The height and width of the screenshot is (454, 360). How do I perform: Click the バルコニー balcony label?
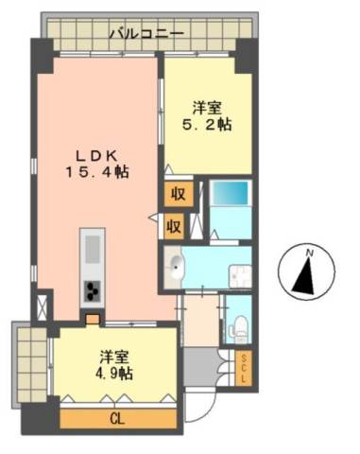click(x=146, y=33)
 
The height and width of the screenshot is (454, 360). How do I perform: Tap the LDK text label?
click(x=97, y=155)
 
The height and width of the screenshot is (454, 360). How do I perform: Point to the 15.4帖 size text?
click(x=97, y=172)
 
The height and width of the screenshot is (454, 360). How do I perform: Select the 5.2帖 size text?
click(x=207, y=125)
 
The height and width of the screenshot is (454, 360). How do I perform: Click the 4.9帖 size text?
click(x=114, y=374)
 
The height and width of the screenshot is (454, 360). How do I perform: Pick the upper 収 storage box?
click(x=179, y=194)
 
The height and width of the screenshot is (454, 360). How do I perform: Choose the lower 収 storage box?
click(x=174, y=226)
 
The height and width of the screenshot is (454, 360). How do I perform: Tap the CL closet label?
click(x=118, y=419)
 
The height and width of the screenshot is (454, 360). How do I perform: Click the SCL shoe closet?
click(x=244, y=368)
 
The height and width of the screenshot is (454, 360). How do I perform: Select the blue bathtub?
click(x=231, y=193)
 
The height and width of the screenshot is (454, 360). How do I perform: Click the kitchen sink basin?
click(x=93, y=249)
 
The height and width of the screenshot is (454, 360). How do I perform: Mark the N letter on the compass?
click(x=310, y=253)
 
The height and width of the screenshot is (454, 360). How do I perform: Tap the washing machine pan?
click(x=241, y=276)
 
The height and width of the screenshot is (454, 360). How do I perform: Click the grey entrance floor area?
click(x=201, y=366)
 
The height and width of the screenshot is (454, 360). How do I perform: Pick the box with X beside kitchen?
click(x=42, y=306)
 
